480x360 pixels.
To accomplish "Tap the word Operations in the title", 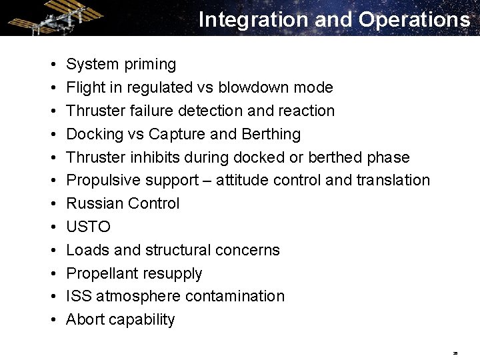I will tap(414, 20).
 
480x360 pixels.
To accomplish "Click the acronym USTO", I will tap(89, 227).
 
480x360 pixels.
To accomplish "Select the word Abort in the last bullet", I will tap(84, 319).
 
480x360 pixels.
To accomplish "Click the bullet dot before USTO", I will tap(53, 227).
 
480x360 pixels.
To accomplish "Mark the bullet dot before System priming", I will tap(53, 65).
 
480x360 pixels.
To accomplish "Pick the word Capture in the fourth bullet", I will tap(177, 134).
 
